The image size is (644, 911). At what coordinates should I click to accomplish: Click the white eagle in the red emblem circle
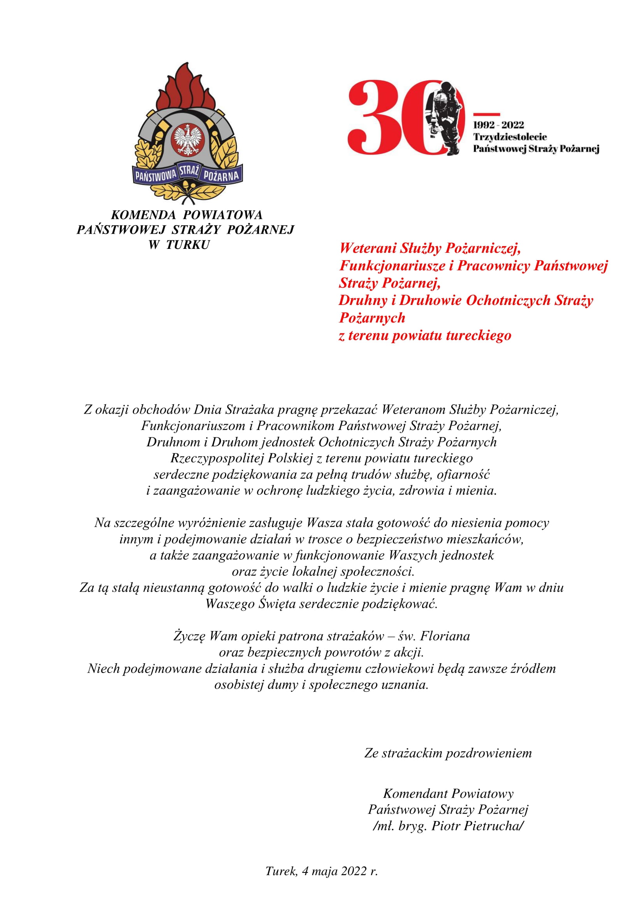click(188, 139)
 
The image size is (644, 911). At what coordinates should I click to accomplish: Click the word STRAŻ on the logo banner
click(189, 171)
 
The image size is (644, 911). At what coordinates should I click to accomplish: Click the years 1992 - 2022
click(498, 125)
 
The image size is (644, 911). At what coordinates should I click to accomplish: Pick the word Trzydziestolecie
click(510, 137)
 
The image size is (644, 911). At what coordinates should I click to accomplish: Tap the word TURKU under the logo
click(188, 245)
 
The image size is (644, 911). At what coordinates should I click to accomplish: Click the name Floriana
click(445, 636)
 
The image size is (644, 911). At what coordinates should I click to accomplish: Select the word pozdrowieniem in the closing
click(489, 753)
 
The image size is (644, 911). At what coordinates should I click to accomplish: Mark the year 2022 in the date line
click(354, 871)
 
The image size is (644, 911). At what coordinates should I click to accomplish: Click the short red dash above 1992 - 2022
click(487, 115)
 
